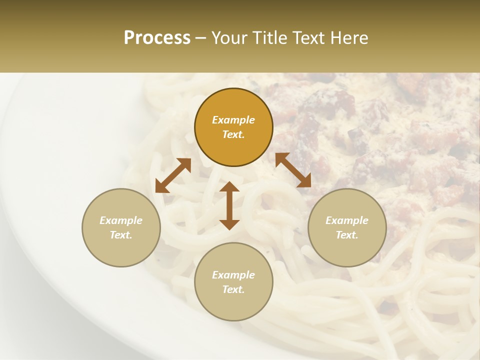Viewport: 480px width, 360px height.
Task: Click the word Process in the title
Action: click(x=157, y=38)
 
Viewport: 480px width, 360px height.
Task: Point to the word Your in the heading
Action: click(x=229, y=38)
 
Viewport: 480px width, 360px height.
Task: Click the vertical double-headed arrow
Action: click(x=229, y=205)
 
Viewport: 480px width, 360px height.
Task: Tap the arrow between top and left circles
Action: click(x=173, y=175)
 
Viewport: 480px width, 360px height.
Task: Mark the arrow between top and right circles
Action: click(x=293, y=170)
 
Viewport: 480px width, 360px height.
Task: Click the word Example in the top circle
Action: click(x=233, y=120)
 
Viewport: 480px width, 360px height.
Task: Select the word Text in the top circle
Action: click(x=233, y=134)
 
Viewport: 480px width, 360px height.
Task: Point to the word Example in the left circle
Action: click(x=121, y=220)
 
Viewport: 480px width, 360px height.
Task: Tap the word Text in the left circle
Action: click(x=121, y=235)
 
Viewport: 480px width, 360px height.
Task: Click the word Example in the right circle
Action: click(x=347, y=220)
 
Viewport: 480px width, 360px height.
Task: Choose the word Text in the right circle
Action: click(x=347, y=235)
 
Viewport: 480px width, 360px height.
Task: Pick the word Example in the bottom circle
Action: click(x=233, y=275)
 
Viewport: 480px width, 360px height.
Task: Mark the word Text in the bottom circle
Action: click(x=233, y=289)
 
